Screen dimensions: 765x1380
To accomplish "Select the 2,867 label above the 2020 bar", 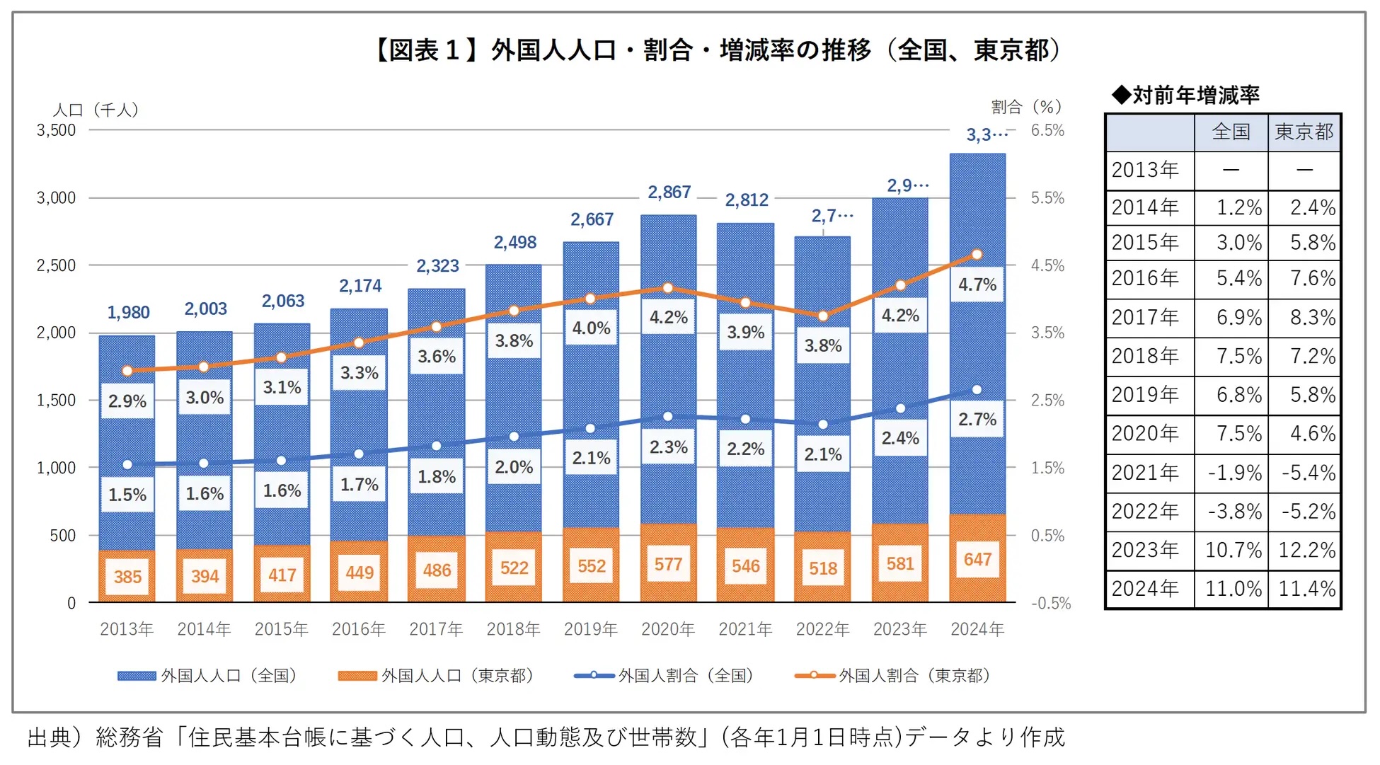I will [x=669, y=192].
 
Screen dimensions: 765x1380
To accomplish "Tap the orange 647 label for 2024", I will [x=977, y=560].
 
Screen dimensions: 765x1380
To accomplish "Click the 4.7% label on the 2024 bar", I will [x=977, y=285].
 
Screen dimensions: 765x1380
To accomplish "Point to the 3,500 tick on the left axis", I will [x=56, y=130].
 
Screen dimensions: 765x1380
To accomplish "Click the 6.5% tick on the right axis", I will [x=1047, y=130].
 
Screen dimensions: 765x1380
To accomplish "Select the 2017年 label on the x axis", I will [x=436, y=629].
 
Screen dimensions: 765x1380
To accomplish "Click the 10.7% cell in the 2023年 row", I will [x=1233, y=551].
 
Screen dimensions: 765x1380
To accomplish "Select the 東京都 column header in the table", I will [x=1304, y=132].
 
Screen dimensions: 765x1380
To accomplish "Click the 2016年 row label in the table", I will [x=1145, y=278].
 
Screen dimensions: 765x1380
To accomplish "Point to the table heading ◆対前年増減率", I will [x=1186, y=95].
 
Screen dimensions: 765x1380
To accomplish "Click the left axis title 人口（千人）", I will [x=96, y=110].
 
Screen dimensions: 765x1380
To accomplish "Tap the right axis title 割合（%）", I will [x=1026, y=107].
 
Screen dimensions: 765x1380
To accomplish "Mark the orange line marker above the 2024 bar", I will [x=977, y=255].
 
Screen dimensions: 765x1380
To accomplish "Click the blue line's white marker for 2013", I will [x=127, y=465].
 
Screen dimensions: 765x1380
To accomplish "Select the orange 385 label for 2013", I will [x=127, y=577].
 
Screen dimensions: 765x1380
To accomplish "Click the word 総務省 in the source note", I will [x=130, y=737].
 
